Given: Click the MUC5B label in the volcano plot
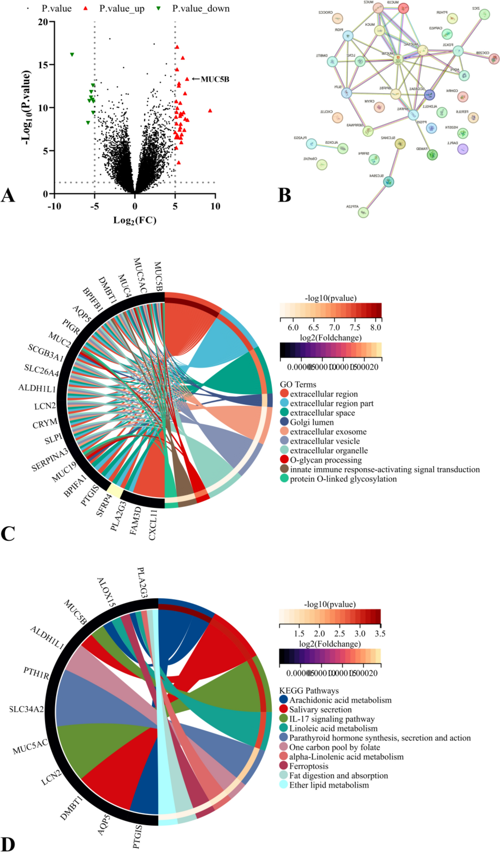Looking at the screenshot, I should [215, 80].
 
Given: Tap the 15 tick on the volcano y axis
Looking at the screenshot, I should [43, 65].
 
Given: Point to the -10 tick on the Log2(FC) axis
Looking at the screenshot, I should [54, 206].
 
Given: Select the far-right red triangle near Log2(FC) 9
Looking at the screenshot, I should [210, 111].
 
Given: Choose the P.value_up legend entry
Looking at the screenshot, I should [121, 9].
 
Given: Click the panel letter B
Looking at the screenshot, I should [285, 195].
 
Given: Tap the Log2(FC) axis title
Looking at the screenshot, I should [135, 220].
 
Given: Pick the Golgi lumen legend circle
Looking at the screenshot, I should [284, 422].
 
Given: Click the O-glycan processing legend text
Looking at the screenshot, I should [326, 460].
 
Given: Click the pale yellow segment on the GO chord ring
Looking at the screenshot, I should [114, 491].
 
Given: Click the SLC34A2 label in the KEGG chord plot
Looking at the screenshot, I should [26, 709].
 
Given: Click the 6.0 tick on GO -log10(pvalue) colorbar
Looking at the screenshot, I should [293, 328].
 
